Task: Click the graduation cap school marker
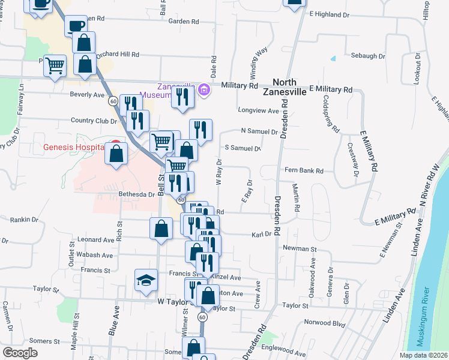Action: [146, 281]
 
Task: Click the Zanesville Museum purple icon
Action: [203, 91]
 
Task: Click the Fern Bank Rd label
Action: [304, 171]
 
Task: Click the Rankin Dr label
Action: [24, 220]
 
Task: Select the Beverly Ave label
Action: [88, 94]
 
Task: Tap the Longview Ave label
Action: [259, 110]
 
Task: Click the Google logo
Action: [20, 352]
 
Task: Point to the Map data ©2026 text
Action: [423, 355]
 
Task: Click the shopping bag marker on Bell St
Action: [161, 229]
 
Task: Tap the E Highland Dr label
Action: [328, 14]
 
